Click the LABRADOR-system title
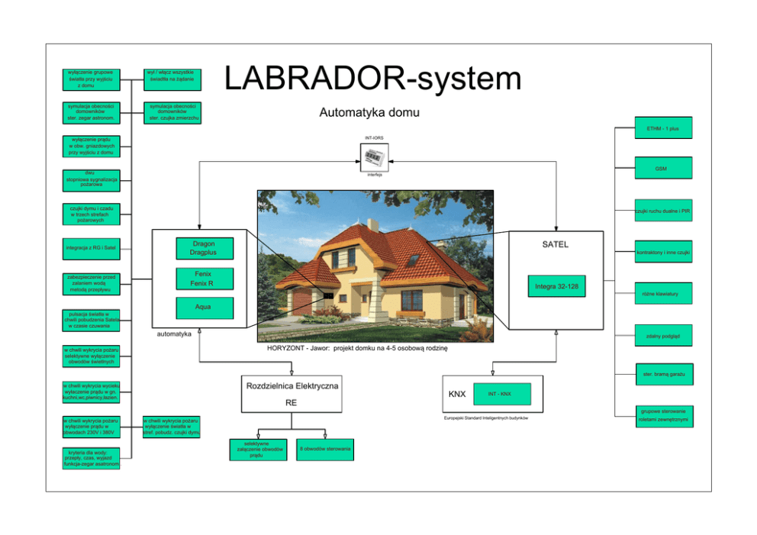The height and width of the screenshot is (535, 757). tap(372, 79)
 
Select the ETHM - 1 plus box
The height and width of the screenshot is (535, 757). tap(663, 129)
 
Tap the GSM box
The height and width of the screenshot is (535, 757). tap(663, 168)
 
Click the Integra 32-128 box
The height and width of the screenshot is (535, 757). tap(556, 286)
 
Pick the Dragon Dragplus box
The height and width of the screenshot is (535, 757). tap(203, 248)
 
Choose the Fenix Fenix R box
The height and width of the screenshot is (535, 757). tap(203, 279)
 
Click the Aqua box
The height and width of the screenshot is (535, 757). tap(203, 308)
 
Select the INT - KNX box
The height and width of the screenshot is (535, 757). tap(499, 394)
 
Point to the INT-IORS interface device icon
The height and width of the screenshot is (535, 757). tap(375, 157)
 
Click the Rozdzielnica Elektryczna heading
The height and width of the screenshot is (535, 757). tap(292, 386)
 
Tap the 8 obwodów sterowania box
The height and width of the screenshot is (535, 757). tap(325, 449)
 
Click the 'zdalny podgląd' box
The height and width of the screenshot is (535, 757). tap(663, 336)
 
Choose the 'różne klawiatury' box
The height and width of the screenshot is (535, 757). tap(663, 293)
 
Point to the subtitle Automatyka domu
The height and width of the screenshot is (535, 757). tap(369, 114)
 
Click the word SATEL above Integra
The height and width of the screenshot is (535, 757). tap(555, 245)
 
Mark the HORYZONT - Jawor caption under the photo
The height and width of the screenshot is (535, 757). tap(356, 348)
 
